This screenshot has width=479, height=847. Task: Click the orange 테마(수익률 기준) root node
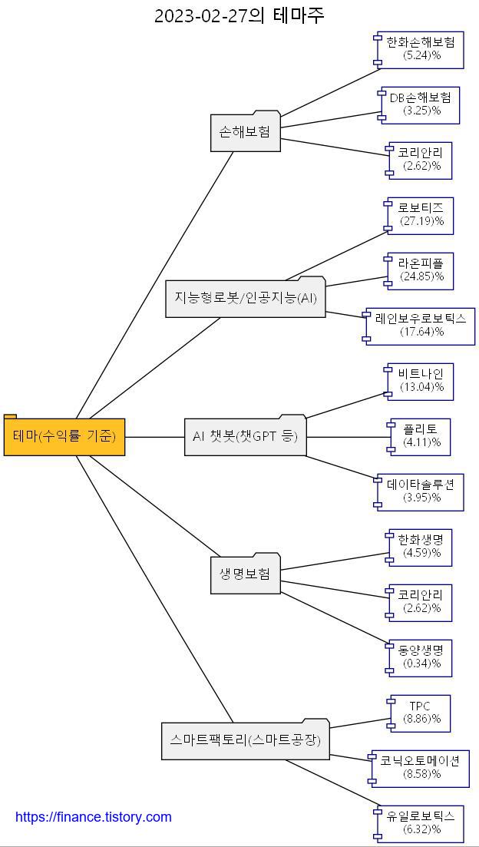[x=64, y=437]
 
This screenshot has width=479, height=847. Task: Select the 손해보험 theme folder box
[x=245, y=133]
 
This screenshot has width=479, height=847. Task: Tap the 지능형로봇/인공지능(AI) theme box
[x=246, y=299]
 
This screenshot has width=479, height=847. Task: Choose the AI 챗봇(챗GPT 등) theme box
[x=245, y=437]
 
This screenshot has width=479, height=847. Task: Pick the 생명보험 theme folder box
[x=245, y=575]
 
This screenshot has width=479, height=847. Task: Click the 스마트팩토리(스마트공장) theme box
[x=245, y=741]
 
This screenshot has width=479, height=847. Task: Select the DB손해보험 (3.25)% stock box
[x=421, y=105]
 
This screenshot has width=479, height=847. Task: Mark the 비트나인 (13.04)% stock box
[x=421, y=382]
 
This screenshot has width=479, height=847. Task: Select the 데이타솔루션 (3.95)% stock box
[x=421, y=492]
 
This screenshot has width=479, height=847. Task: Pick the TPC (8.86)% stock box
[x=420, y=713]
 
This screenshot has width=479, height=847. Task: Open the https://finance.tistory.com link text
[x=94, y=817]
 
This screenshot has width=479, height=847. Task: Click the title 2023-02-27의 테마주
[x=239, y=15]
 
